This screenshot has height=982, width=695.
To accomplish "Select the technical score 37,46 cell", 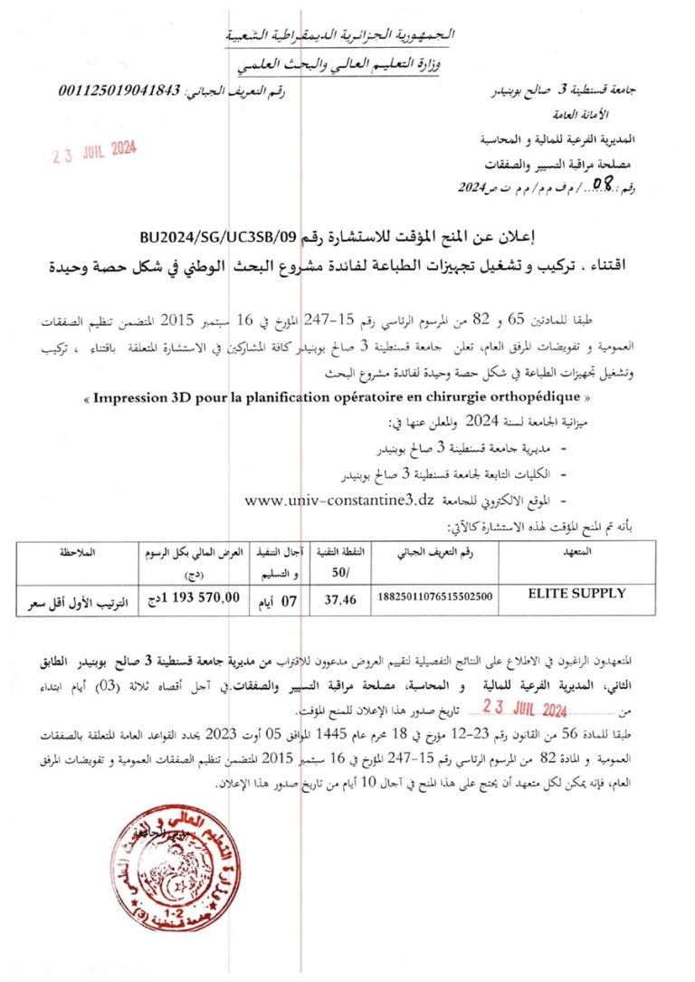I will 338,596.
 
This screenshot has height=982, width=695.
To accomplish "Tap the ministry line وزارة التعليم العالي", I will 349,62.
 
